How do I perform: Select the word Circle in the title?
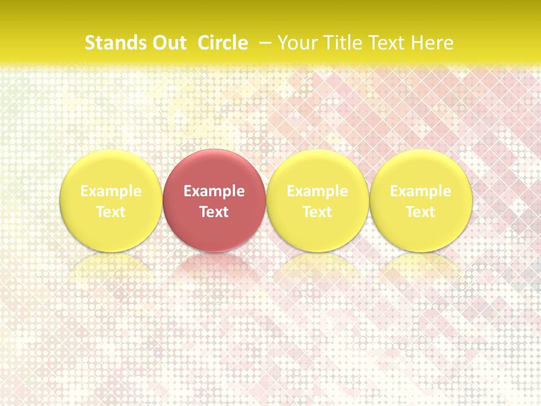pos(223,43)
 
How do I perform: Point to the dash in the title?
pos(263,43)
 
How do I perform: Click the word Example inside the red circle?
pos(214,191)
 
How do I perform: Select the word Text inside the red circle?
pos(214,212)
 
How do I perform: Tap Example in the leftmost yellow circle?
pos(111,191)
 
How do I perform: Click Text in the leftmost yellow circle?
pos(111,212)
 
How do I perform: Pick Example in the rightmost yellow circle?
pos(421,191)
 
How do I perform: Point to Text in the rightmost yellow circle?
pos(421,212)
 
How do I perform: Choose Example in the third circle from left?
pos(317,191)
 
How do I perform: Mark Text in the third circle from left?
pos(317,212)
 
